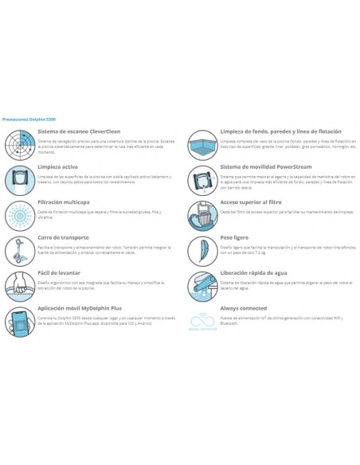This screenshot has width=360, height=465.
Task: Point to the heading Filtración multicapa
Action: tap(65, 203)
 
